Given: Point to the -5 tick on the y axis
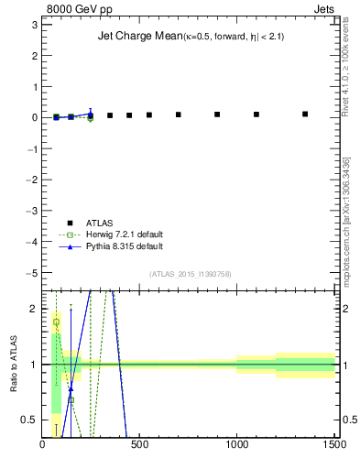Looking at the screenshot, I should point(30,273).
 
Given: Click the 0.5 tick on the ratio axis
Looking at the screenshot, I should point(29,420).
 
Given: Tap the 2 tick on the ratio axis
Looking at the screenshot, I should point(33,309).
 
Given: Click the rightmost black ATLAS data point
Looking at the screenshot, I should point(305,115).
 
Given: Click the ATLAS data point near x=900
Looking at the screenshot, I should point(217,115).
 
